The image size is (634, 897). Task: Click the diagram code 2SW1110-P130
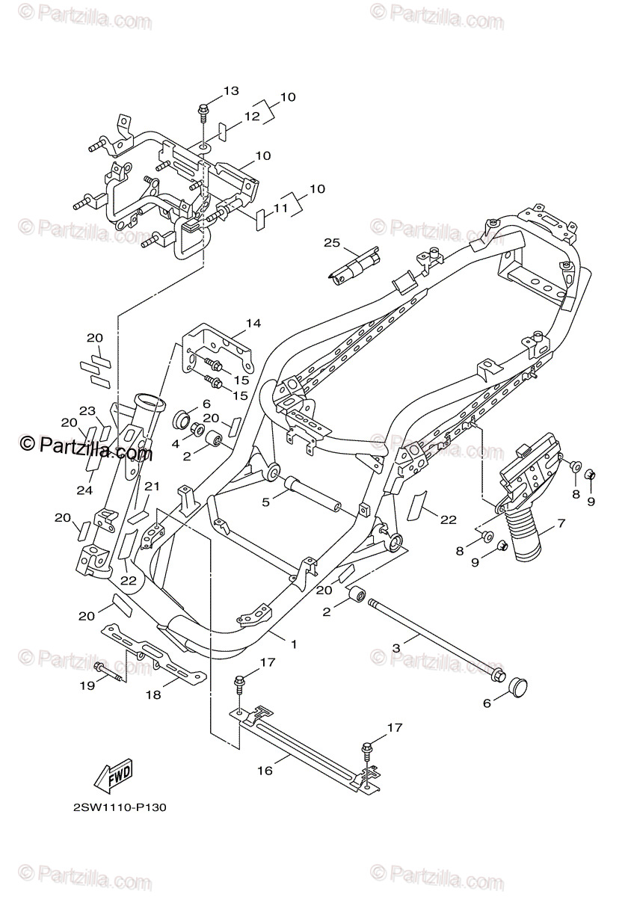[x=119, y=808]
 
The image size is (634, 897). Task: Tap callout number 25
[x=332, y=243]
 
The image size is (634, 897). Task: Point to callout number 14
[x=253, y=324]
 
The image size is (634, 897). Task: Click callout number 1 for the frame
[x=294, y=644]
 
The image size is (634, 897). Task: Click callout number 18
[x=153, y=694]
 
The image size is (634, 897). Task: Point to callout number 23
[x=88, y=410]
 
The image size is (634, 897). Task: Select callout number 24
[x=84, y=490]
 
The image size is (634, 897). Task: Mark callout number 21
[x=153, y=487]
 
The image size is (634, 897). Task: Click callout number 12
[x=250, y=117]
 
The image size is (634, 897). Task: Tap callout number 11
[x=280, y=210]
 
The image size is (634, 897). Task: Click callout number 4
[x=176, y=443]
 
